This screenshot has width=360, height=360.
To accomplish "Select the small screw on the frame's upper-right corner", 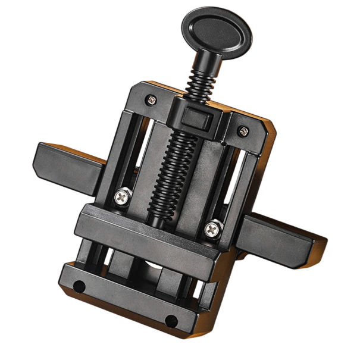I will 243,130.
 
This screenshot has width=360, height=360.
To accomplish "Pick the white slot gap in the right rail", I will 235,184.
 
